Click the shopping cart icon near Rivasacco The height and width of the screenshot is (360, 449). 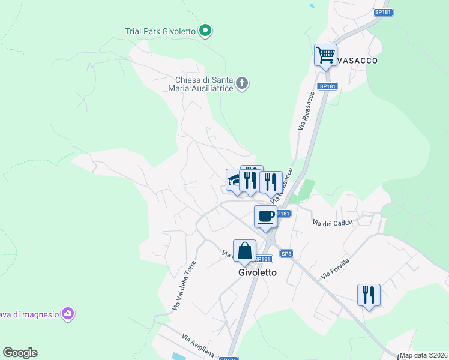[325, 55]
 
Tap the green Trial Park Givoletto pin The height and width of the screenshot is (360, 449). [205, 30]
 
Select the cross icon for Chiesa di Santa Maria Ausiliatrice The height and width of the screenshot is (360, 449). [242, 83]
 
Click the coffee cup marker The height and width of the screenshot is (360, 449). [265, 217]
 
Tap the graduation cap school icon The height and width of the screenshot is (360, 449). [234, 179]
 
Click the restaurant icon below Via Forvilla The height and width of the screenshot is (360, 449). [369, 295]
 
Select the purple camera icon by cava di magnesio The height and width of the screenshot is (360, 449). [68, 314]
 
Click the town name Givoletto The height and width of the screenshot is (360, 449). [258, 272]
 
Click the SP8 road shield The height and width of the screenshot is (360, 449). [286, 253]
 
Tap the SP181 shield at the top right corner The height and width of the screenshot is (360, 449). [382, 12]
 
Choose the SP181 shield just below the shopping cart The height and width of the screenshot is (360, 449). [328, 86]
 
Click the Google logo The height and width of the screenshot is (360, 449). [20, 353]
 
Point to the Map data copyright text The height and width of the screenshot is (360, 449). [423, 355]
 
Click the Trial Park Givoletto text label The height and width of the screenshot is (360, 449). [160, 31]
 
